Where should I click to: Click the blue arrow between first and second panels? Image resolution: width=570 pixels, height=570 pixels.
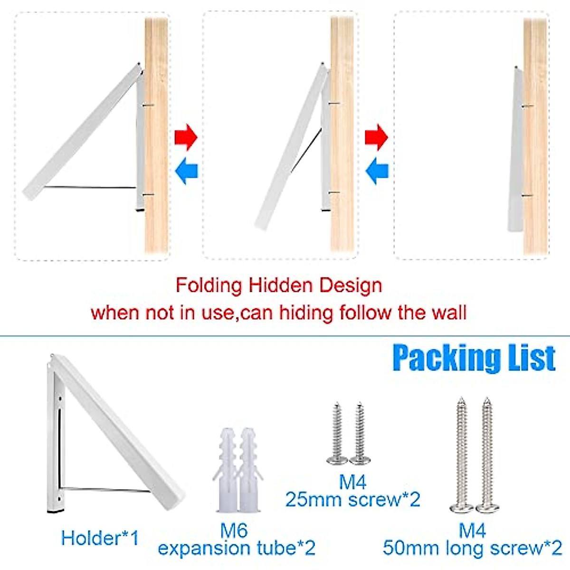coord(186,171)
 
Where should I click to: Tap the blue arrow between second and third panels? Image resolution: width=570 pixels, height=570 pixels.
coord(377,171)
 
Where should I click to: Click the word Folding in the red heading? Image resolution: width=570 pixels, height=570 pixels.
coord(209,286)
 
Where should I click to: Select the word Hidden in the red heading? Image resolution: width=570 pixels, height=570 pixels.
coord(281,286)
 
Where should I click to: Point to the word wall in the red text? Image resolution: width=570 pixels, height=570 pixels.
coord(449,313)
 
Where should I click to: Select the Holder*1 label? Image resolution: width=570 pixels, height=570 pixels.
coord(100,538)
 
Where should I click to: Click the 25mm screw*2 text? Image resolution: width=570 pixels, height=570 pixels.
coord(352,500)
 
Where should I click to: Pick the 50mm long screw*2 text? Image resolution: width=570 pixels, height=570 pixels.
coord(472,548)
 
